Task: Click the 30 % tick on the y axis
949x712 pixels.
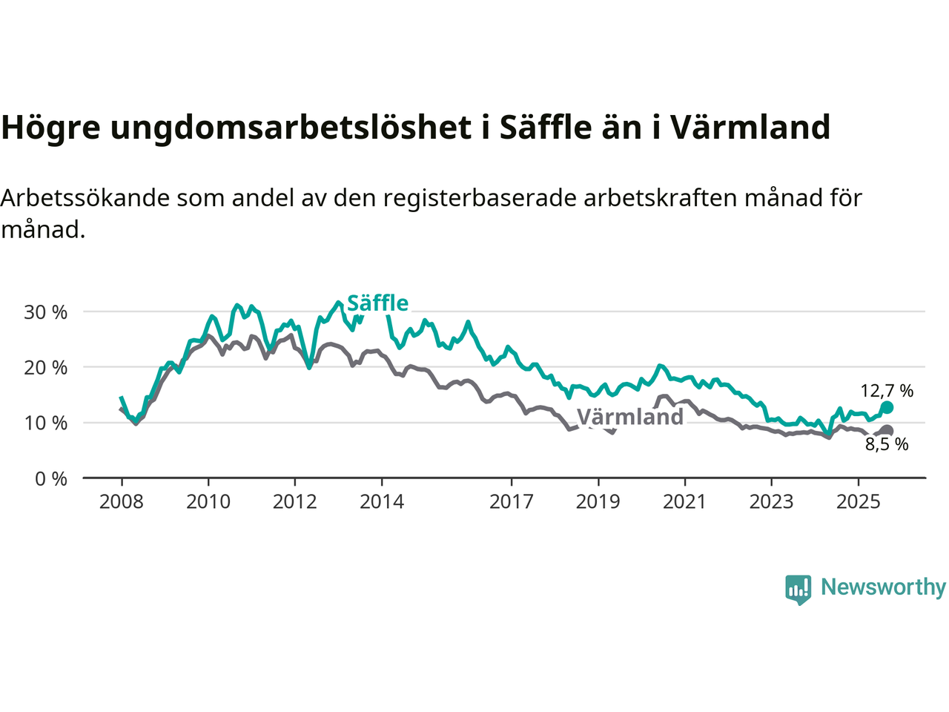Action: pos(46,312)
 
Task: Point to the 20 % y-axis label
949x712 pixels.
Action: pos(46,368)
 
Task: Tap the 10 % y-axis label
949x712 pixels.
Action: pos(46,423)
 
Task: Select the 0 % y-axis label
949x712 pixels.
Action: pos(51,479)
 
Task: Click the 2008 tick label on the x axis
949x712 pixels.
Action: pos(122,502)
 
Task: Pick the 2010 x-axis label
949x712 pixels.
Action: pos(208,502)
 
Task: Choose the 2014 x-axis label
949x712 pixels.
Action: pos(382,502)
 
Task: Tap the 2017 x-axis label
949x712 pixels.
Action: pos(512,502)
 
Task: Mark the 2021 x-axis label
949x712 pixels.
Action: pos(684,502)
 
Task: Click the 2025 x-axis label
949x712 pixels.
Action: pos(859,502)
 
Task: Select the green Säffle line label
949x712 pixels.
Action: pos(377,303)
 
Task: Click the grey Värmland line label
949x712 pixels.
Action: pos(630,417)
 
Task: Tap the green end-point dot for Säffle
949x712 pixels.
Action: pos(887,407)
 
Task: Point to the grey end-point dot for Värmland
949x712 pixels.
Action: pos(887,431)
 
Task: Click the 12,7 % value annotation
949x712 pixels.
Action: pos(887,391)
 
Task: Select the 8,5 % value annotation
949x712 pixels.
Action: pos(887,445)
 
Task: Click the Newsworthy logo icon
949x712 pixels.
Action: pos(798,589)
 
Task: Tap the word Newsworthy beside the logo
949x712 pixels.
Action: pos(883,587)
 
